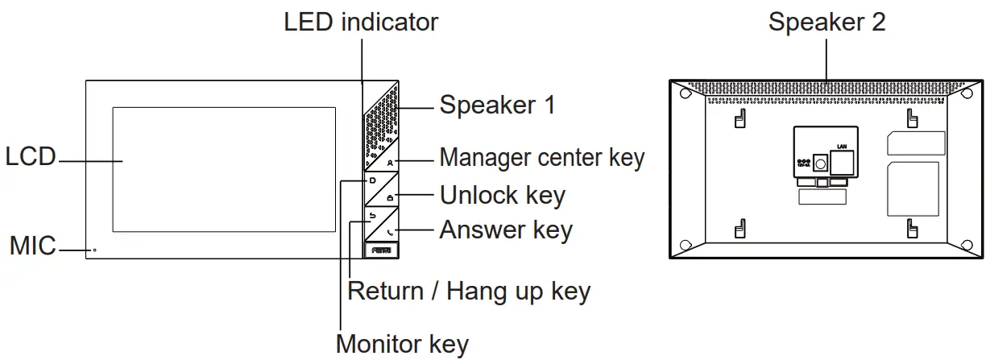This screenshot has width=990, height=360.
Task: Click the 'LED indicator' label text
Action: (x=361, y=22)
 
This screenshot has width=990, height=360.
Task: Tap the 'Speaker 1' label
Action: (x=496, y=105)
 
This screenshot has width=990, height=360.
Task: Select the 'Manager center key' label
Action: (x=541, y=157)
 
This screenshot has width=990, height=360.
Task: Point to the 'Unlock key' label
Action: (x=502, y=195)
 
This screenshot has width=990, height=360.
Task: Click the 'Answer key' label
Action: (x=505, y=230)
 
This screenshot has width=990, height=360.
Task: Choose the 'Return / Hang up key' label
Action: (x=468, y=291)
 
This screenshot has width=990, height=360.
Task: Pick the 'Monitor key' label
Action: (x=402, y=344)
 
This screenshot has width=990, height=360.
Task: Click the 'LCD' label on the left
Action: (x=30, y=157)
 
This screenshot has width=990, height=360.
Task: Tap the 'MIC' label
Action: (x=32, y=246)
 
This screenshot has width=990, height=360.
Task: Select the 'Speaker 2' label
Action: (x=826, y=22)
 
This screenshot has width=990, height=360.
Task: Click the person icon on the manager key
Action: (x=390, y=162)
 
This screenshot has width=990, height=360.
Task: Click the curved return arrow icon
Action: (x=371, y=216)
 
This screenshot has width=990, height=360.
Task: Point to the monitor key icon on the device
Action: (x=372, y=181)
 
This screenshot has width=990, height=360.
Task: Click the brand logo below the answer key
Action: (x=382, y=250)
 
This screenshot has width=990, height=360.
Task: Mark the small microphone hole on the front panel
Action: (x=94, y=250)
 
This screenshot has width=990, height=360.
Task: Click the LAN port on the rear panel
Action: (x=843, y=163)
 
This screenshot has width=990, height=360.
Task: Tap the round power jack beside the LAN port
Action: (x=820, y=163)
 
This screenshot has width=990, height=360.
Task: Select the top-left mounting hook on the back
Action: (x=738, y=119)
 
